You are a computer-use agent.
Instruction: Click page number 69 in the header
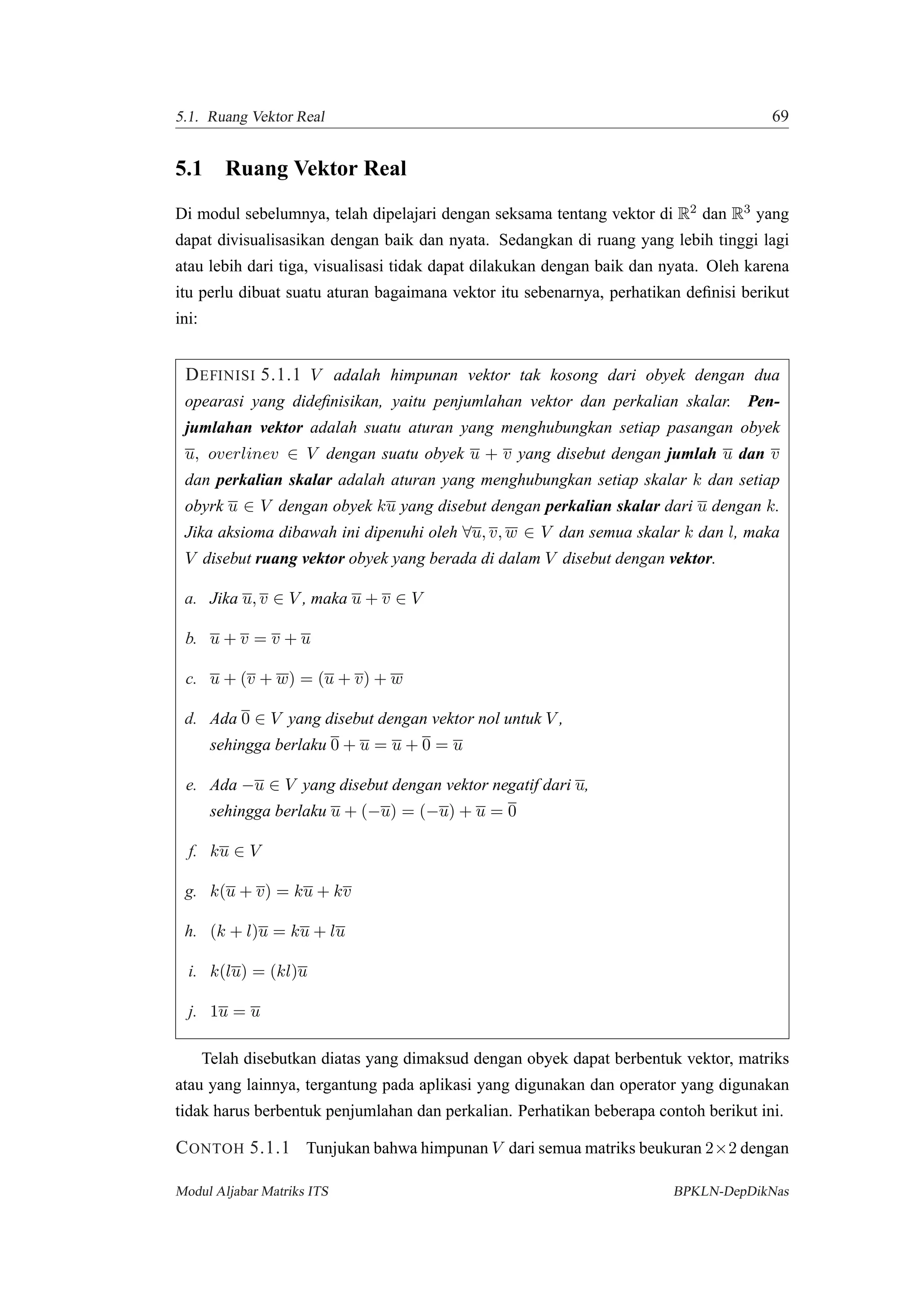pyautogui.click(x=780, y=116)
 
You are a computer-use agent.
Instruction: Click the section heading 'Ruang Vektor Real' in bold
pyautogui.click(x=316, y=169)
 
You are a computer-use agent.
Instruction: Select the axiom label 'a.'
pyautogui.click(x=190, y=599)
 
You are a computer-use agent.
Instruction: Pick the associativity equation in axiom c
pyautogui.click(x=306, y=679)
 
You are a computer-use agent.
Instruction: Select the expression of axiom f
pyautogui.click(x=236, y=851)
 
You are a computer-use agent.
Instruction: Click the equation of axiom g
pyautogui.click(x=281, y=891)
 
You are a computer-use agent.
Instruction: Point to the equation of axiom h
pyautogui.click(x=277, y=932)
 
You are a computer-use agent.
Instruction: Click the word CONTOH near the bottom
pyautogui.click(x=210, y=1149)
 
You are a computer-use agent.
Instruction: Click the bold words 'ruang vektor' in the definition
pyautogui.click(x=300, y=559)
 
